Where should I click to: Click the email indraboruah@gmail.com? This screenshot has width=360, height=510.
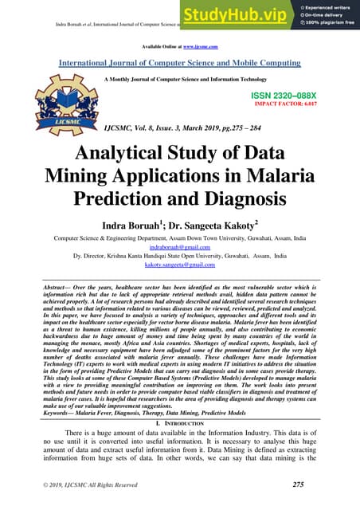pyautogui.click(x=179, y=247)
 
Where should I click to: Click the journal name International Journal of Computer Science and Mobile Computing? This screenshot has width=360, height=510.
pyautogui.click(x=179, y=61)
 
